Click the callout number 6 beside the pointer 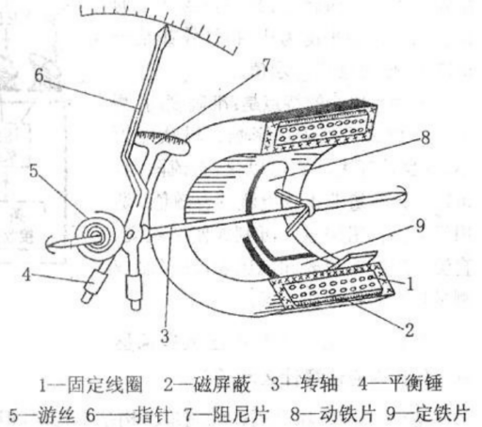39,75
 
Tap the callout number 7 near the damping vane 265,65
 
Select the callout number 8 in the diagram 426,137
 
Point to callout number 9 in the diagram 421,226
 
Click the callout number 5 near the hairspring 34,171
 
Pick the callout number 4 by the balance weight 26,276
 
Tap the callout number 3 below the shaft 165,336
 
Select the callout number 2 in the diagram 410,330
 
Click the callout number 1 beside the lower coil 410,284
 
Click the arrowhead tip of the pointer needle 166,26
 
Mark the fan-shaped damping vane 163,143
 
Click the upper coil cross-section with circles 322,131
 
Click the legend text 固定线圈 104,385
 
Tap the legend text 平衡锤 415,384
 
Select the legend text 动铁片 347,415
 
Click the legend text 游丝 56,415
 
